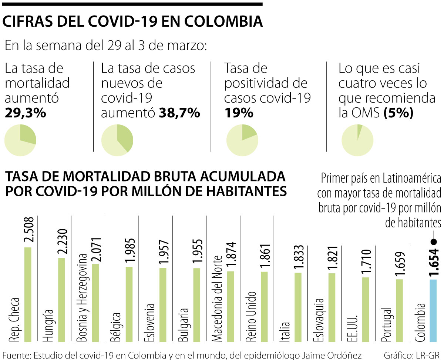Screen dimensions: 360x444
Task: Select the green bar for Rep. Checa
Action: pyautogui.click(x=27, y=294)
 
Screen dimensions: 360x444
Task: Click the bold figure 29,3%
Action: pyautogui.click(x=26, y=113)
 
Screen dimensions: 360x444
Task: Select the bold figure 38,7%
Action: pyautogui.click(x=179, y=113)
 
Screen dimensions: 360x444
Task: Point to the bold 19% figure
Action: pyautogui.click(x=239, y=113)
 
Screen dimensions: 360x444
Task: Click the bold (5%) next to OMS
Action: pyautogui.click(x=398, y=113)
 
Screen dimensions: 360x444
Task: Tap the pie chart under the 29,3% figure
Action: pyautogui.click(x=20, y=140)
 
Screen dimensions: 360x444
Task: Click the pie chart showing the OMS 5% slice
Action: pyautogui.click(x=357, y=140)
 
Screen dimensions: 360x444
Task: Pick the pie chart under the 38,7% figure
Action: pyautogui.click(x=117, y=140)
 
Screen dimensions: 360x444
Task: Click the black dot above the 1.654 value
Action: pyautogui.click(x=434, y=241)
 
